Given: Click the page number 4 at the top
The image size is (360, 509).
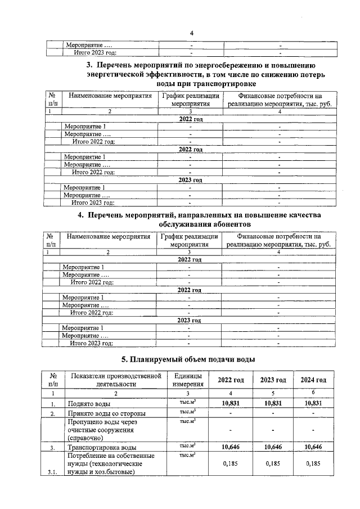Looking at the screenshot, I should tap(191, 33).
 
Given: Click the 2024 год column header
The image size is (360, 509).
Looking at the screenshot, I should tap(313, 380).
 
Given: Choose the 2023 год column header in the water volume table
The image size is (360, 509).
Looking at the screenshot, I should tap(273, 380).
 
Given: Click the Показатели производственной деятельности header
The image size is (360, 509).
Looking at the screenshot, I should tap(109, 380).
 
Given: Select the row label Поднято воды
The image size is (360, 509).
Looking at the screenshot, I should tap(88, 403).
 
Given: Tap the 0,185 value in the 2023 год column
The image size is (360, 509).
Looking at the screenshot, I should tap(273, 464).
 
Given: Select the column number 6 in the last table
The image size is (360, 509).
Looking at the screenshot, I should tap(313, 393).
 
